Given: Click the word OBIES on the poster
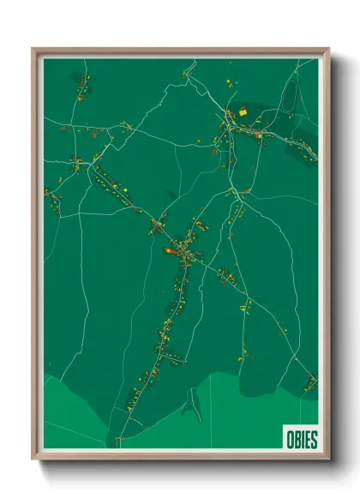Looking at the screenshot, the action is coord(299,440).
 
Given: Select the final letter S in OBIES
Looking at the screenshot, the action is coord(313,440).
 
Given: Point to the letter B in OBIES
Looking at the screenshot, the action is coord(294,440).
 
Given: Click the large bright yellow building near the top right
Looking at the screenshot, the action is coord(243,110).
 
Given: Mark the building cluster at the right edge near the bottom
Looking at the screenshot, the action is coord(311,380).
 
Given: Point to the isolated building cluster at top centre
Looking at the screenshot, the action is coord(185,75).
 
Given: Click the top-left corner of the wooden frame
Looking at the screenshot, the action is coord(33,49).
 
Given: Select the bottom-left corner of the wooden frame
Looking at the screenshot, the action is coord(33,459).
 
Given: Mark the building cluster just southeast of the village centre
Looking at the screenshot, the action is coord(225,276).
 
